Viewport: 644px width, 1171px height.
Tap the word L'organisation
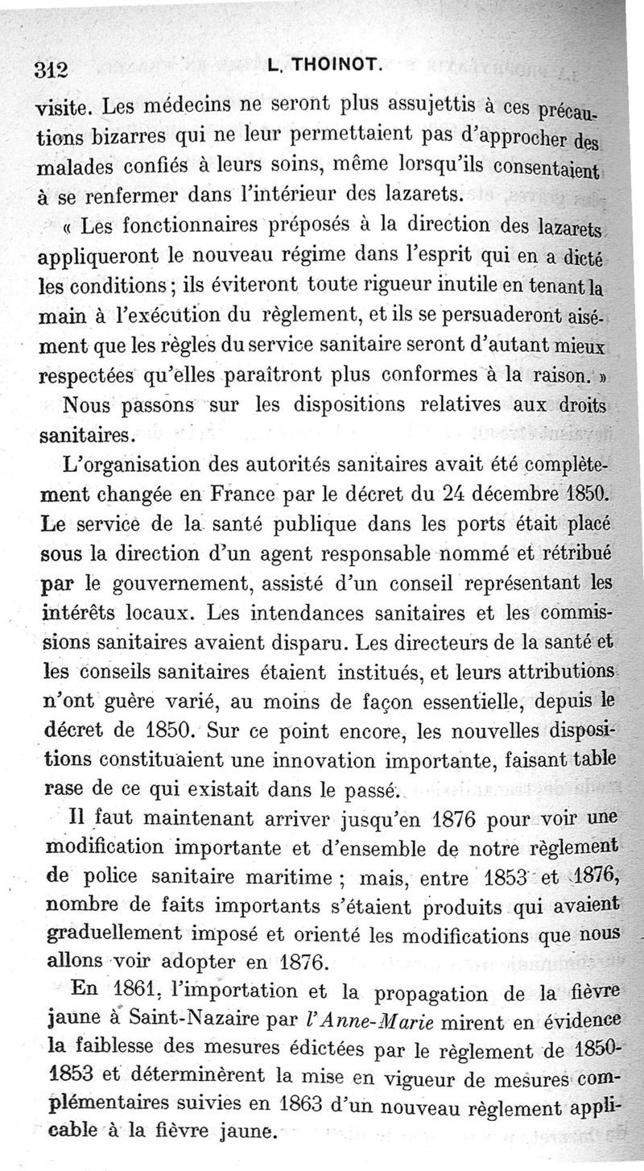[x=129, y=465]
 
